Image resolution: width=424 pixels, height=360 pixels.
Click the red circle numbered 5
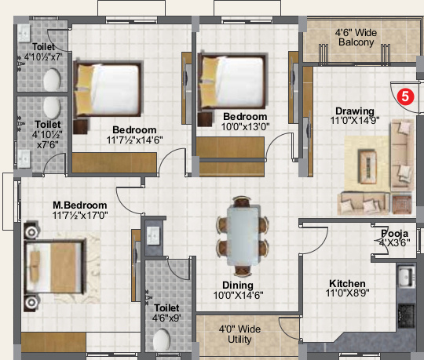point(405,96)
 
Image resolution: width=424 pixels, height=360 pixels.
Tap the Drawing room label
point(355,111)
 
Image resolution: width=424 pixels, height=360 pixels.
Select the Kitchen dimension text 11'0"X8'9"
point(348,293)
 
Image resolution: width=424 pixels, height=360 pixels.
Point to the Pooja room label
point(394,234)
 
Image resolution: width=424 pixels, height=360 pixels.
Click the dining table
point(243,235)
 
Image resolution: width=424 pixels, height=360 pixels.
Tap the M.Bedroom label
point(80,205)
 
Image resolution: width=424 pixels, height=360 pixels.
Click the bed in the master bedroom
point(54,267)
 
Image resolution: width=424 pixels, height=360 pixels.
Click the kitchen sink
point(406,276)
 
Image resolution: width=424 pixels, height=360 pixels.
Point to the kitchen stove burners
point(407,313)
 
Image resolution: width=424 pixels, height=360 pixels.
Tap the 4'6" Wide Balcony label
point(356,38)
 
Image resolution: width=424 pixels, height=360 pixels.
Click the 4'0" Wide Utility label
point(239,334)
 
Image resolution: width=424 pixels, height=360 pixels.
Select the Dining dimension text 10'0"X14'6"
point(238,296)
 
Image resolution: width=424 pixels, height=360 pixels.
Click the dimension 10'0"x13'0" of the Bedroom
point(245,126)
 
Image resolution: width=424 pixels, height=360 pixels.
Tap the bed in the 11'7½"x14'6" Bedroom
point(108,89)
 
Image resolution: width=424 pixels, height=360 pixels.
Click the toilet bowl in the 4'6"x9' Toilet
point(162,340)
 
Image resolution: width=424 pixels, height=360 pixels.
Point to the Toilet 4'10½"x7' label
point(43,52)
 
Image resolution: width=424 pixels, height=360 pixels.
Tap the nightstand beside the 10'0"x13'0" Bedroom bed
point(205,119)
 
